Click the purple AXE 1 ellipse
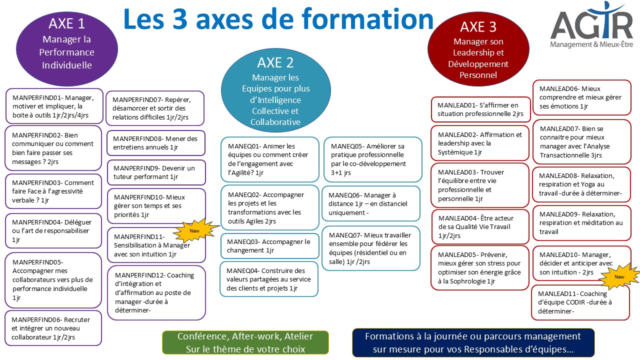(67, 48)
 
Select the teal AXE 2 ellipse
(275, 90)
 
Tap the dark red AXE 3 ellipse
(478, 49)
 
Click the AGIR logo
(591, 25)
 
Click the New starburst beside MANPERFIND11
(196, 230)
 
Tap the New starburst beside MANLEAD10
(619, 276)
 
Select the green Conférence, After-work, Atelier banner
(245, 342)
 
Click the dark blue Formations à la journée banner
(473, 342)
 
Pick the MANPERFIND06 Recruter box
(53, 328)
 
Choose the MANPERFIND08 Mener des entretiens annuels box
(156, 143)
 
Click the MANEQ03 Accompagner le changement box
(269, 246)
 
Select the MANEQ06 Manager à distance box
(371, 203)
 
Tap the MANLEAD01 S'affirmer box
(480, 109)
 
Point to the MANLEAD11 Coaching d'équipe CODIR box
(580, 302)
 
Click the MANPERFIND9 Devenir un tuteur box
(156, 172)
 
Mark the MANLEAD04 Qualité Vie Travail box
(480, 227)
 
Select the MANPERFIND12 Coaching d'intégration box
(156, 292)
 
